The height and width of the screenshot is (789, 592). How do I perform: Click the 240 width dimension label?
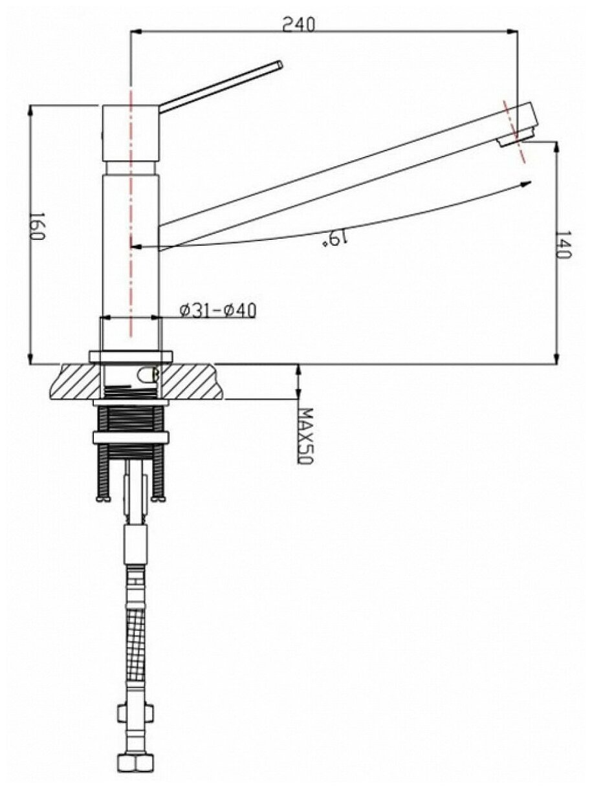click(x=298, y=24)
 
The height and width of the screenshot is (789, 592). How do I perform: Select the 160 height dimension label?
click(x=37, y=226)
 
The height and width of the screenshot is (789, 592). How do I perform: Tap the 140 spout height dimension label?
click(x=563, y=244)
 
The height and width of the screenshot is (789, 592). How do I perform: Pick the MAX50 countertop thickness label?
click(x=306, y=436)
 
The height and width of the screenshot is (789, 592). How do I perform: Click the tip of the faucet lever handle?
click(x=280, y=65)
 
